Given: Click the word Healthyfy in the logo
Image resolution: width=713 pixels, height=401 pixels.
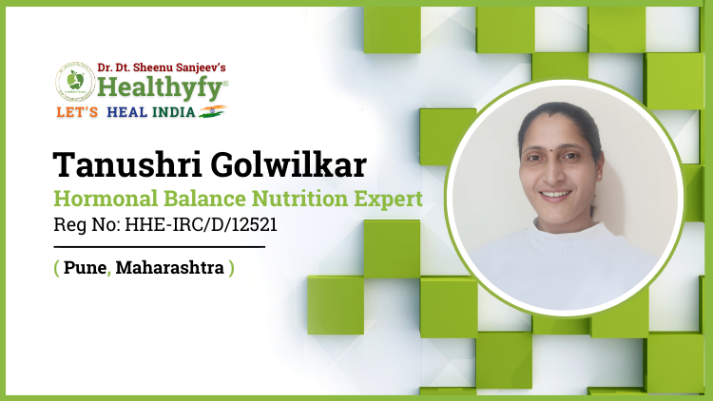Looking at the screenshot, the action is pos(160,87).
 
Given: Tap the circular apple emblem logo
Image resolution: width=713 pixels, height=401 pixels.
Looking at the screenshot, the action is pos(75,83).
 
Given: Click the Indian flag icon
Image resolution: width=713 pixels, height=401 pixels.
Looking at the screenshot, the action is pos(213,111).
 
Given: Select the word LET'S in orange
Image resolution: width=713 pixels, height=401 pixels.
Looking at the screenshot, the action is pos(77,112).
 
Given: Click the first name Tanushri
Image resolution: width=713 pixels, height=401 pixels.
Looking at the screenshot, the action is pos(127,164).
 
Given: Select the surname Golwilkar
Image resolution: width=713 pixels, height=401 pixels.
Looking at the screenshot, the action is pos(288,164).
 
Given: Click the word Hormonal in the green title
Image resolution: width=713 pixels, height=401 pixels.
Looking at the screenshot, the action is pos(106,199).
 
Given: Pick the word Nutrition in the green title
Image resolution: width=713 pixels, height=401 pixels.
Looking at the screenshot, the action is pos(299,199).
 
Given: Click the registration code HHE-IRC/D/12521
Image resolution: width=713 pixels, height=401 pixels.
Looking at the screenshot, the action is pos(201,225).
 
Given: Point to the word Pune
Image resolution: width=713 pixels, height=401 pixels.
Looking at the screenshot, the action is pos(85,267).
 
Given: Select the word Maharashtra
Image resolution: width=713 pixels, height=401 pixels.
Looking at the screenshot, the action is pos(169,267).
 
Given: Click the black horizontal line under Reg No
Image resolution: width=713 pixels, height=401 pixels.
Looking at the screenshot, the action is pos(159,247).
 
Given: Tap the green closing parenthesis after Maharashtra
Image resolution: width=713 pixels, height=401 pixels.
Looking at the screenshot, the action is pos(231,268).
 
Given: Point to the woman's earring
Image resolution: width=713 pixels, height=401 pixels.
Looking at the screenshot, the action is pos(601,175).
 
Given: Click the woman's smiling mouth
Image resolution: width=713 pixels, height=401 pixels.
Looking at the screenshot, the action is pos(555,195).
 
